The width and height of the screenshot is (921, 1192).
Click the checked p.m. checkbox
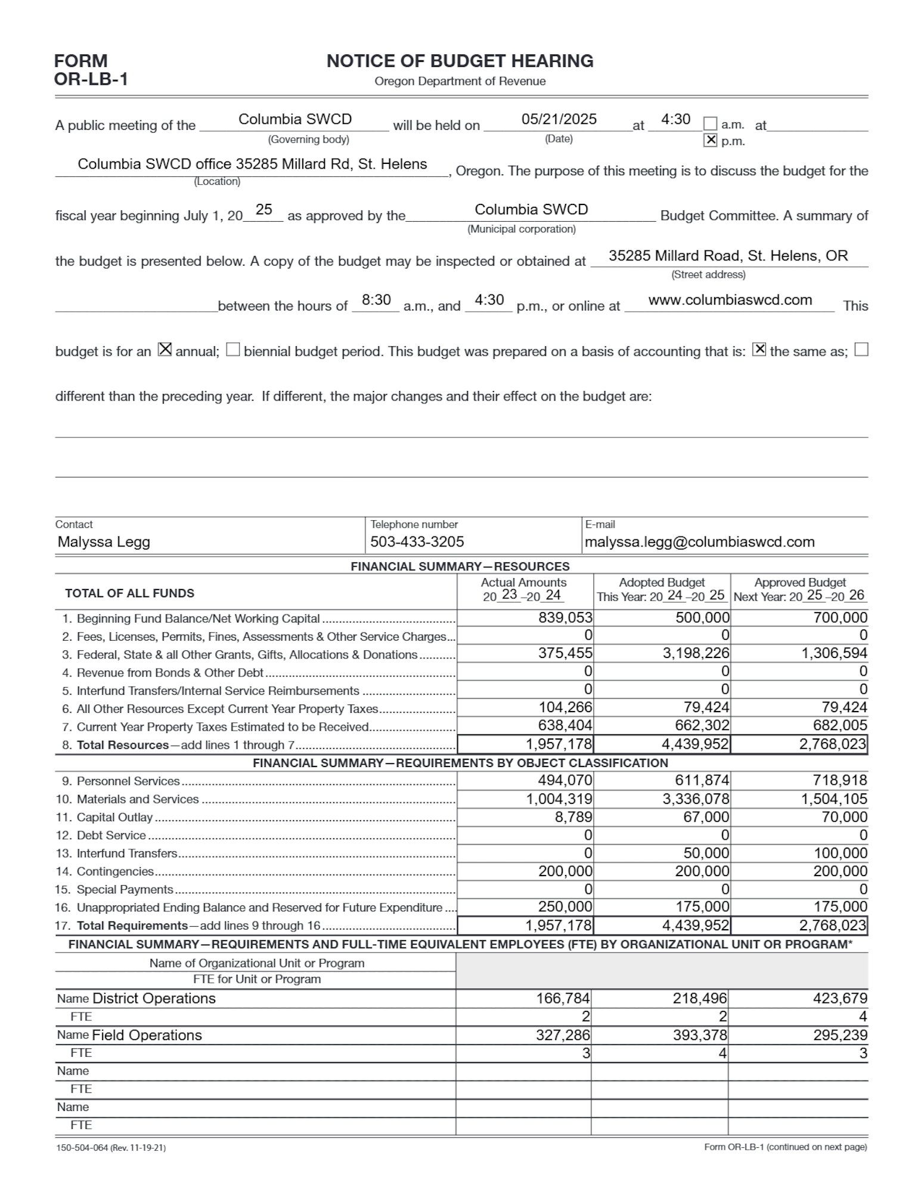[710, 140]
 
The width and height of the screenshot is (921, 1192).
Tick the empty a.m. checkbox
[710, 124]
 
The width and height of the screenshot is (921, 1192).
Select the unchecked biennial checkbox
[233, 350]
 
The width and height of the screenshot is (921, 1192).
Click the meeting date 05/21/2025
[559, 119]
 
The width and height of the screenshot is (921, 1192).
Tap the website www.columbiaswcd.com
[730, 300]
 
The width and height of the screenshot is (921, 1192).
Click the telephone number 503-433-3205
[417, 542]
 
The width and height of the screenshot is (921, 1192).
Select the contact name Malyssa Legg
[104, 542]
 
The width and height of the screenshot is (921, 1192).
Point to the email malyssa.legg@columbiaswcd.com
[699, 542]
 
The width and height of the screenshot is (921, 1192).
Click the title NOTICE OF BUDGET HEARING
[460, 61]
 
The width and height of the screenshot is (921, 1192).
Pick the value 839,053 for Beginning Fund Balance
[565, 617]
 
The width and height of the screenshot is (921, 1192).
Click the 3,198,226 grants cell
[696, 653]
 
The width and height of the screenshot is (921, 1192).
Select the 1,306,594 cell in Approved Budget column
[834, 653]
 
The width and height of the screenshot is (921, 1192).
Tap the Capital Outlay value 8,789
[573, 817]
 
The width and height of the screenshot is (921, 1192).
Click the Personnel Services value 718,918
[840, 780]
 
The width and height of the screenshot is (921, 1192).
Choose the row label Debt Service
[111, 835]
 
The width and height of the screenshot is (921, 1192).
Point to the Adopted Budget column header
[662, 582]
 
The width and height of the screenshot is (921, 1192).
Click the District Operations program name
[154, 998]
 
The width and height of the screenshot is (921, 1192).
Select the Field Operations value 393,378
[700, 1035]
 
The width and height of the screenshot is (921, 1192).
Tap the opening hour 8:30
[376, 300]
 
